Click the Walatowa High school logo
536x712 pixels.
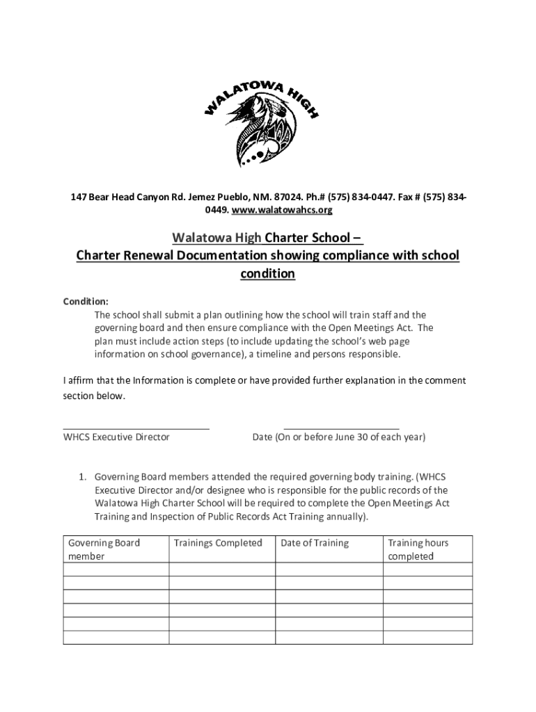pos(260,122)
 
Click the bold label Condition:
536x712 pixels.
pos(86,302)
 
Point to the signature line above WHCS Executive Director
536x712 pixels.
pos(136,429)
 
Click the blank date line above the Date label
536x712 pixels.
pos(341,429)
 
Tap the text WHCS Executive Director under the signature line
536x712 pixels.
pos(116,437)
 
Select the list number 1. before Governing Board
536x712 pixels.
pos(81,477)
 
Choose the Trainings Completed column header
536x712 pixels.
pos(218,543)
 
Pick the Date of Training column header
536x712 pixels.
pos(315,543)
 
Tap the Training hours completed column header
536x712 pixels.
pos(418,549)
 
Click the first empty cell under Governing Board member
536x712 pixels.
pos(116,569)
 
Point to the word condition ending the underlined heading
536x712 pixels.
pos(268,274)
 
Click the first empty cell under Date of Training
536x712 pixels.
pos(329,569)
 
